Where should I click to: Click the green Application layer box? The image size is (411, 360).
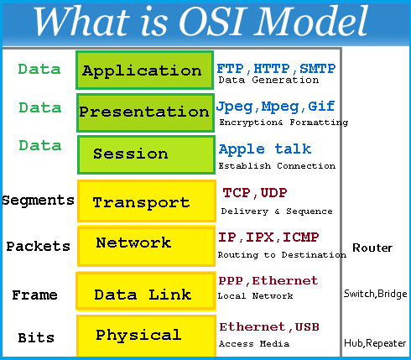145,70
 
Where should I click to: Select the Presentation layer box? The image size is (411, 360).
145,112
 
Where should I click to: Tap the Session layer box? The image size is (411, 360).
146,155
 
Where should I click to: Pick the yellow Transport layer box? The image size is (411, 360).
147,201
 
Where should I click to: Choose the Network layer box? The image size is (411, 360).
147,246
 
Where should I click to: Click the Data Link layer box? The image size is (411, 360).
146,291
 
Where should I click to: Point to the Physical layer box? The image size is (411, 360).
146,336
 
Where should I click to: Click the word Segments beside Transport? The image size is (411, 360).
39,201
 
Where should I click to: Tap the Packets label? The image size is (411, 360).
39,246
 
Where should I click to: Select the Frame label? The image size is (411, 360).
34,295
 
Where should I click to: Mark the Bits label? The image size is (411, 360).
36,337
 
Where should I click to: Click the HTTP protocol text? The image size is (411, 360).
272,69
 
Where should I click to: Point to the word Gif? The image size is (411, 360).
321,107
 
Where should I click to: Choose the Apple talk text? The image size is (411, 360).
265,149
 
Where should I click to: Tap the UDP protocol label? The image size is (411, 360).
273,193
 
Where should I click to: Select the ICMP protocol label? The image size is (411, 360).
300,237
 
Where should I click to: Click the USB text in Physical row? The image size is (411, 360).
307,326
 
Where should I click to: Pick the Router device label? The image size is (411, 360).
372,248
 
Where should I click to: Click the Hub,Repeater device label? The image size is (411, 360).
375,343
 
